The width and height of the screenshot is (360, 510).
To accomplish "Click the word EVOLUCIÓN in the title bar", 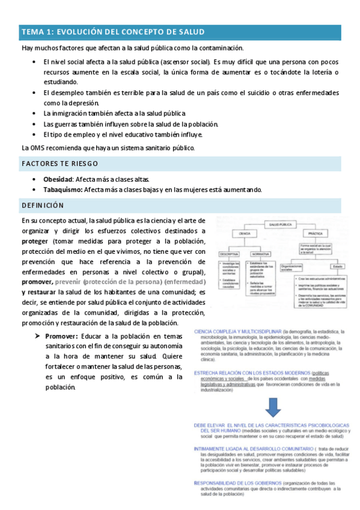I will click(x=82, y=32).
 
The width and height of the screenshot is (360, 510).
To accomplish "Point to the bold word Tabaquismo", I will click(x=63, y=189).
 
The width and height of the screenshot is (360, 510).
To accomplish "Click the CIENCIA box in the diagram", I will click(x=245, y=233).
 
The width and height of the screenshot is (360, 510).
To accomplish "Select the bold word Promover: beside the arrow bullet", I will click(x=62, y=336).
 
